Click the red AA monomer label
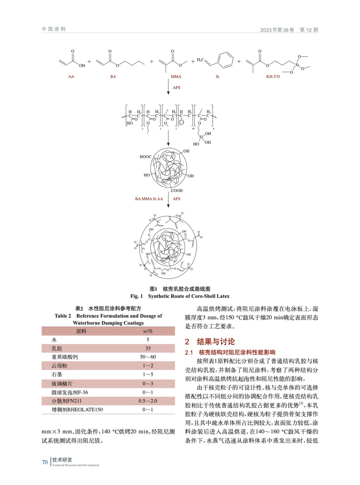click(71, 77)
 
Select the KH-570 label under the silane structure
click(273, 77)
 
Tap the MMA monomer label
click(176, 77)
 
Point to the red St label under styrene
click(217, 77)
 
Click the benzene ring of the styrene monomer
click(226, 60)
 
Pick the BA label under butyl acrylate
click(113, 77)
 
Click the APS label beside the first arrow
click(177, 88)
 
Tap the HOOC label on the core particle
click(146, 157)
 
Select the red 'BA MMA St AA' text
click(149, 199)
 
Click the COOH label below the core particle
click(177, 191)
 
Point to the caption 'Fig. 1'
click(136, 296)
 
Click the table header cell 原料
click(81, 331)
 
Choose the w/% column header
click(148, 331)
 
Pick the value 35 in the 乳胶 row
click(148, 348)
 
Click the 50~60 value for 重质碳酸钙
click(148, 357)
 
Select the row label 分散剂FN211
click(66, 401)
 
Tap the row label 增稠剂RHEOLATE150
click(77, 410)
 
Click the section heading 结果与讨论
click(216, 342)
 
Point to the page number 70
click(45, 462)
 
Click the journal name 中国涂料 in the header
click(54, 29)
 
